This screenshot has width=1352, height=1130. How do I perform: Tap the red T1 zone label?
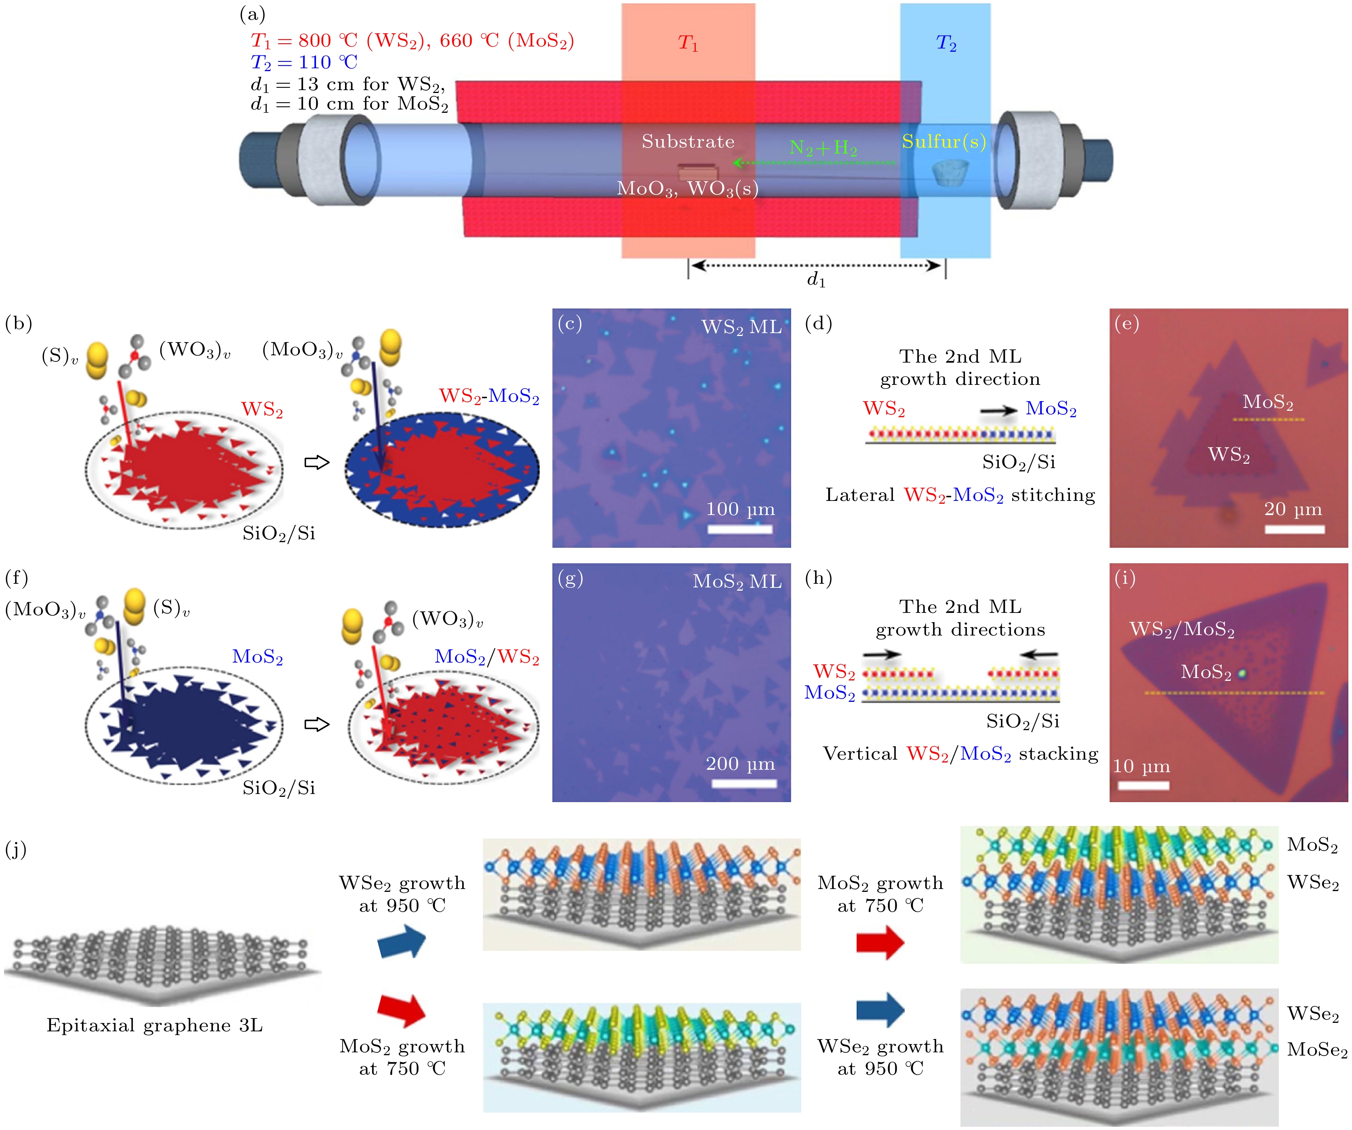688,43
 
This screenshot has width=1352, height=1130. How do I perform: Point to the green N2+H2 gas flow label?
823,148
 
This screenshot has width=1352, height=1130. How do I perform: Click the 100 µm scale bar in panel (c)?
740,529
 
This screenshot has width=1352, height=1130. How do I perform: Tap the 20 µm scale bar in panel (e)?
1294,529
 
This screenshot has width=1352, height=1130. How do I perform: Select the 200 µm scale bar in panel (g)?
743,784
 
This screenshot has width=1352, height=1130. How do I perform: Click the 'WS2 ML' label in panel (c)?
741,327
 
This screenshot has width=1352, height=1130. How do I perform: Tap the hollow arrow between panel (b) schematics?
317,462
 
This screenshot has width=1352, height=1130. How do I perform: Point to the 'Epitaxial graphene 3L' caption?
154,1025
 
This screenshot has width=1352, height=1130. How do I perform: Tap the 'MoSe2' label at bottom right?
1316,1050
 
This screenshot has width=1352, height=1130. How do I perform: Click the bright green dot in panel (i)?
1242,673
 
